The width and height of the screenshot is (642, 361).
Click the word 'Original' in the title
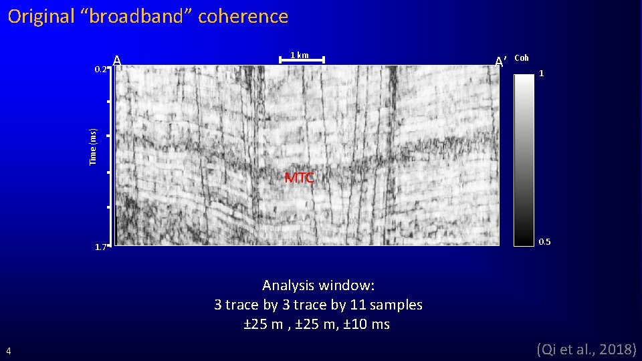point(41,17)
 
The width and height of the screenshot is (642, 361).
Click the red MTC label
point(299,178)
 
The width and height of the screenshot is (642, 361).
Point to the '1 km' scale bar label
point(299,55)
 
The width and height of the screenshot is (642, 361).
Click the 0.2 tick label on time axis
point(100,69)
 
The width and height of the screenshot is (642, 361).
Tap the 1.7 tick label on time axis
point(100,247)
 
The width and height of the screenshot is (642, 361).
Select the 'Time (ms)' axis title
point(93,146)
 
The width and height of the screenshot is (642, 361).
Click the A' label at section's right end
point(502,62)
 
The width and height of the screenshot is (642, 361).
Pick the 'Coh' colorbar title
point(522,58)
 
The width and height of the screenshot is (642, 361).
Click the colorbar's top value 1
point(542,74)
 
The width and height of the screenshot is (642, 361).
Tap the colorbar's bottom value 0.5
point(545,241)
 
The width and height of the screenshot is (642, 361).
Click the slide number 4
point(8,350)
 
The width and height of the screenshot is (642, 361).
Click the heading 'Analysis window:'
point(318,285)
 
